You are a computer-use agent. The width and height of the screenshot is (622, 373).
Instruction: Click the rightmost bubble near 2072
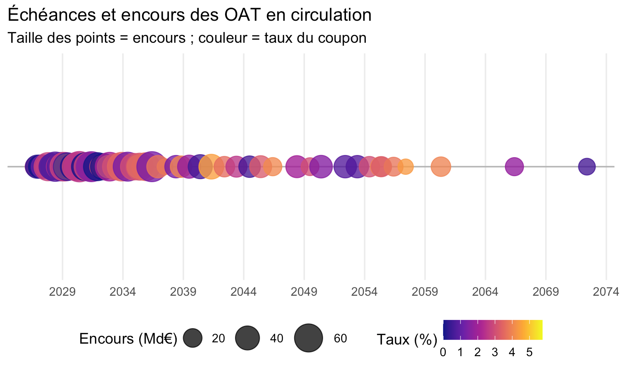(587, 167)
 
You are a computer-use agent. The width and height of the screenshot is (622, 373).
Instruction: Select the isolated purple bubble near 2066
(514, 167)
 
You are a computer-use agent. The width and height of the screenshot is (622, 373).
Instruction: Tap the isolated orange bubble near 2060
(441, 167)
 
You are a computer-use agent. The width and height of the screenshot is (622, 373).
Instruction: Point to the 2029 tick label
(62, 292)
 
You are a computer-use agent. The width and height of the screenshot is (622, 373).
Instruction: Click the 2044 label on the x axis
(244, 292)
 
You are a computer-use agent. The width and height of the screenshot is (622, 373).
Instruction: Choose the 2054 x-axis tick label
(364, 292)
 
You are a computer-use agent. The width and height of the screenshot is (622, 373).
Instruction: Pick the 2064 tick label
(486, 292)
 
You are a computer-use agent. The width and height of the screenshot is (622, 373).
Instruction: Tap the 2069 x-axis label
(546, 292)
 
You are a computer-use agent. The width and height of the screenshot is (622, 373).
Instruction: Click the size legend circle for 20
(193, 338)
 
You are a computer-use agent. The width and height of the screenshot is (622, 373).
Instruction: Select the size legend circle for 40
(248, 338)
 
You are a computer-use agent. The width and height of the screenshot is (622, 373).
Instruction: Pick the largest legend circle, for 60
(308, 338)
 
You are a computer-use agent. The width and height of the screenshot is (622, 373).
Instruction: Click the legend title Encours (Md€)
(128, 338)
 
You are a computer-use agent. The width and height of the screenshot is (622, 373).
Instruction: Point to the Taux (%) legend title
(407, 340)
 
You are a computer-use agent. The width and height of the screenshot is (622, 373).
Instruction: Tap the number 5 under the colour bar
(529, 352)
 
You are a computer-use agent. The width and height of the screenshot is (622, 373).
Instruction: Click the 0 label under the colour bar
(443, 352)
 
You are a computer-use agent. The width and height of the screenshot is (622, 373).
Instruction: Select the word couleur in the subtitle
(223, 38)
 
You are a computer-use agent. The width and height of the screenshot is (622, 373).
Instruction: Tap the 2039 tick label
(183, 292)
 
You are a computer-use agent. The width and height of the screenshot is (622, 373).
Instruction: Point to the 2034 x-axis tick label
(123, 292)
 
